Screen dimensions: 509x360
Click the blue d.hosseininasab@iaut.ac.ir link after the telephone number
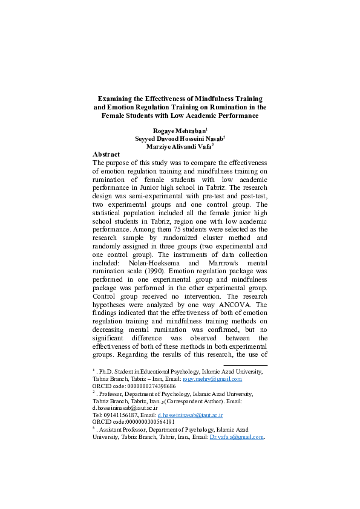pyautogui.click(x=191, y=415)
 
